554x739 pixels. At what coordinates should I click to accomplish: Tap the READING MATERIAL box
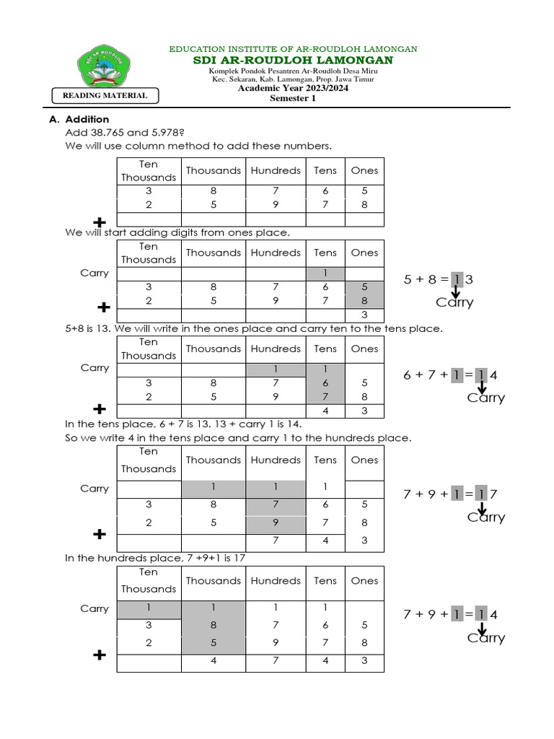(105, 95)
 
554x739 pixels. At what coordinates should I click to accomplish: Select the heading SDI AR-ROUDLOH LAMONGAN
(293, 60)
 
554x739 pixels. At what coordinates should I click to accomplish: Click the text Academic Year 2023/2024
(293, 89)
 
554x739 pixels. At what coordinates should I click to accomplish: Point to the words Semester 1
(293, 99)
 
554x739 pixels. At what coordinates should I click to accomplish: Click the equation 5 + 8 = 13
(440, 279)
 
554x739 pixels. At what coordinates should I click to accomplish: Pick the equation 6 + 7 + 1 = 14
(451, 375)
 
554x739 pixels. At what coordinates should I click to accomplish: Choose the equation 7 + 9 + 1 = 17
(451, 494)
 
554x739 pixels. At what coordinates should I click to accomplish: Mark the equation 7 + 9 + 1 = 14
(451, 614)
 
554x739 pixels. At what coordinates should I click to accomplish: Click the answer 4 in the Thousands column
(214, 660)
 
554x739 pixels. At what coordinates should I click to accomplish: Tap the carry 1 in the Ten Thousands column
(149, 608)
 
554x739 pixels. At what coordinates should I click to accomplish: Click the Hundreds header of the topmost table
(276, 170)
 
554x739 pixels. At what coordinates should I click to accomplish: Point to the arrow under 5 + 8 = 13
(456, 292)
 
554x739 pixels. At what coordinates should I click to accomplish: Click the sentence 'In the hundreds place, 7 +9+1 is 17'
(158, 558)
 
